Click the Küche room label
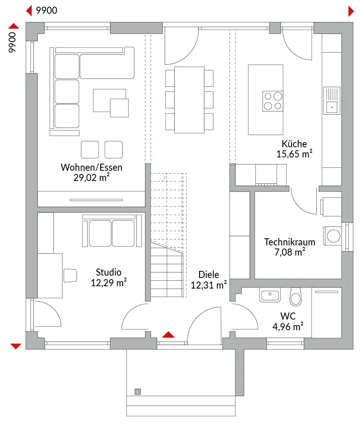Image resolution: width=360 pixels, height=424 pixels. point(294,144)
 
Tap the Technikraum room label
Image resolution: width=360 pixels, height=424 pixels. point(285,241)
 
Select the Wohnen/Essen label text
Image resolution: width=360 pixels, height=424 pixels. point(91,167)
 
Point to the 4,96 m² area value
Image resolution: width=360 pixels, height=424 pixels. point(288,326)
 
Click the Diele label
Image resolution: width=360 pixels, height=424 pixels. point(208,274)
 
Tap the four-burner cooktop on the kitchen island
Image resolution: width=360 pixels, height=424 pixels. point(273,101)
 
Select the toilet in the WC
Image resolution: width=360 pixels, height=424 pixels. point(295,297)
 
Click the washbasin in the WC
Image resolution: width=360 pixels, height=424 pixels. point(270,294)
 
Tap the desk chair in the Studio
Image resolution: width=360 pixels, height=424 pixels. point(70,275)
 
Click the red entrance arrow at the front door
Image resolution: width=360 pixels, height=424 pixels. point(168,334)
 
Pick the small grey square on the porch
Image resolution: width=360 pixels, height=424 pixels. point(138,391)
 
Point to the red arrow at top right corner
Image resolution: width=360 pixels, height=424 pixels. point(351,11)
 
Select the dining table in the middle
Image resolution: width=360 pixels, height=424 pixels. point(189,100)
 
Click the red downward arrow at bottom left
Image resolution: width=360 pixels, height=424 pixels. point(16,346)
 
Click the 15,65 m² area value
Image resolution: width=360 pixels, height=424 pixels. point(294,154)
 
